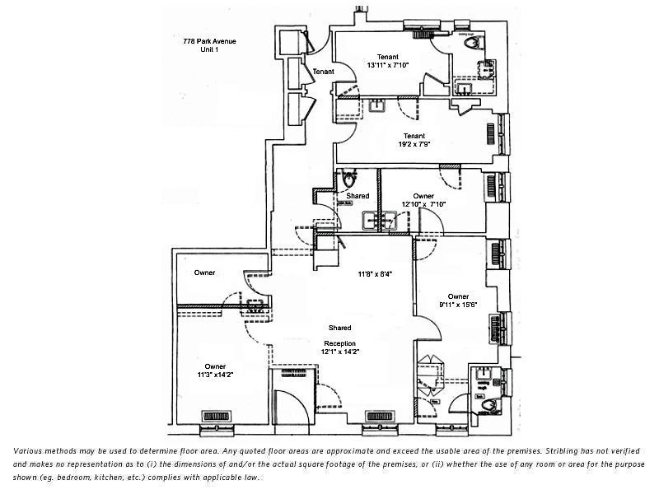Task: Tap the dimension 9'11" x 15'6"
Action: point(458,304)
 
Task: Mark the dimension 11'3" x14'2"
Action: point(215,375)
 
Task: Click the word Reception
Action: point(339,343)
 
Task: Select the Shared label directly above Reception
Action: point(339,328)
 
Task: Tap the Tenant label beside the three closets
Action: point(323,72)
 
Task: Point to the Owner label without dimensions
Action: point(205,273)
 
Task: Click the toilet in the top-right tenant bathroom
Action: point(471,44)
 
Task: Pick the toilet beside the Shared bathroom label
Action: point(349,179)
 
